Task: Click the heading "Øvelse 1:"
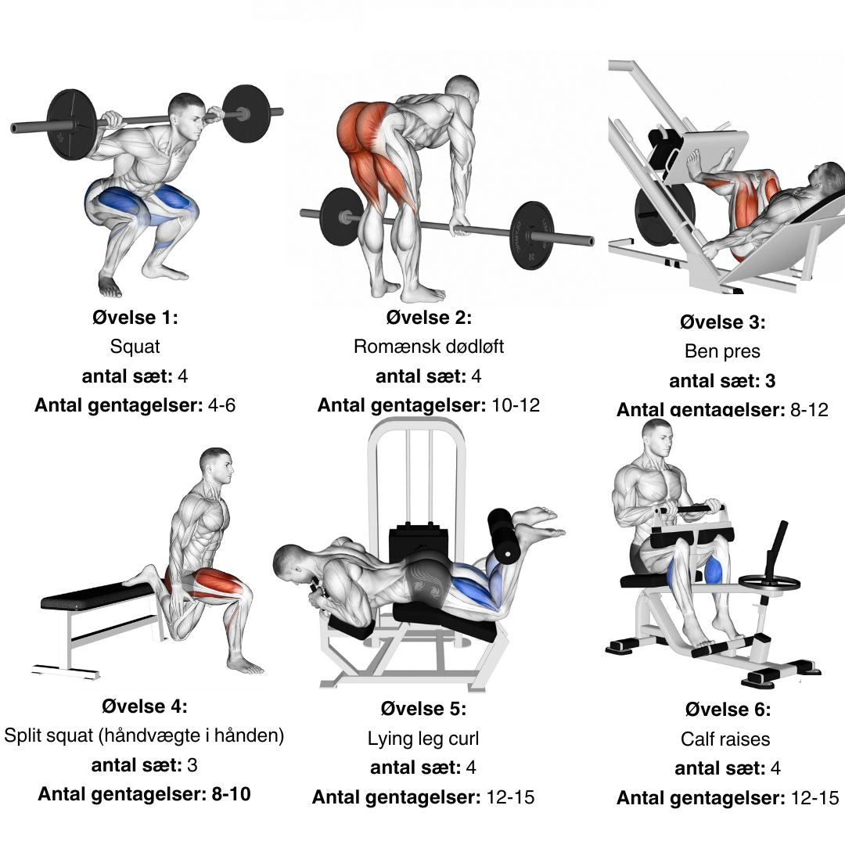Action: coord(135,318)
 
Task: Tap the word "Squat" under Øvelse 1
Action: coord(135,347)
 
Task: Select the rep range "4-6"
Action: coord(221,405)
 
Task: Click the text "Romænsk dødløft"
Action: coord(429,347)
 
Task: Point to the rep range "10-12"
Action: coord(515,405)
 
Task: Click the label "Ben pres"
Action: coord(722,351)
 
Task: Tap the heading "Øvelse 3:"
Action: coord(722,322)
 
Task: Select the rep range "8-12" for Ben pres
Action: coord(809,409)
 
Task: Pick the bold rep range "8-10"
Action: coord(231,794)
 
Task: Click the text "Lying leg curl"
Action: coord(423,739)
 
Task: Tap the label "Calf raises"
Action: coord(725,739)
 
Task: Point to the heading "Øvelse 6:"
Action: coord(728,710)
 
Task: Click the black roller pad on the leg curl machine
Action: coord(504,536)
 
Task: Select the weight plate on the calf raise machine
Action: coord(769,581)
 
